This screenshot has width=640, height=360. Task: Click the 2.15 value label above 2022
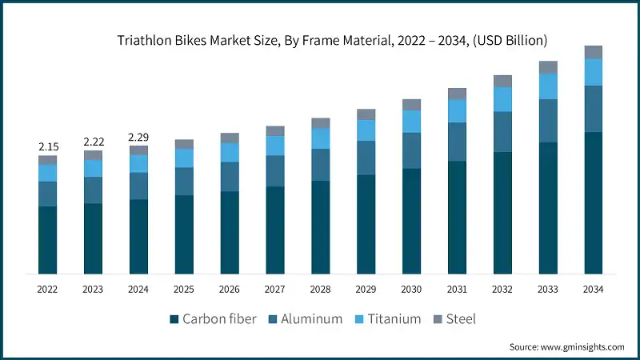48,147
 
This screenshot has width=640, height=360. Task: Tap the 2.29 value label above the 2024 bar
139,137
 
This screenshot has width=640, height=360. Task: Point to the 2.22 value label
94,142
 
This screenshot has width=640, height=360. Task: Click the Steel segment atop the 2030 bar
411,105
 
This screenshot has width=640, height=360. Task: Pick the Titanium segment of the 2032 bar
502,99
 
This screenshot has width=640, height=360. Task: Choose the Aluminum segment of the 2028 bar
321,165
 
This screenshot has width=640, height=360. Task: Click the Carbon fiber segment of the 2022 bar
48,240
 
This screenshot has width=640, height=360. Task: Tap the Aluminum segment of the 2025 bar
184,182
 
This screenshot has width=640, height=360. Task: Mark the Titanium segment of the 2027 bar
275,146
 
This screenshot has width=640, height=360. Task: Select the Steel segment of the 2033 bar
548,67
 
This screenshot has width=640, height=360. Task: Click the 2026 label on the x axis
230,290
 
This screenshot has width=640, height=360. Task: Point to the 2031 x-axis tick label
457,290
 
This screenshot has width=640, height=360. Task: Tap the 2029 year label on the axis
366,290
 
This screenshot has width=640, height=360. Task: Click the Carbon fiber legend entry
213,319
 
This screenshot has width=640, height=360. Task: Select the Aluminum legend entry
307,319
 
